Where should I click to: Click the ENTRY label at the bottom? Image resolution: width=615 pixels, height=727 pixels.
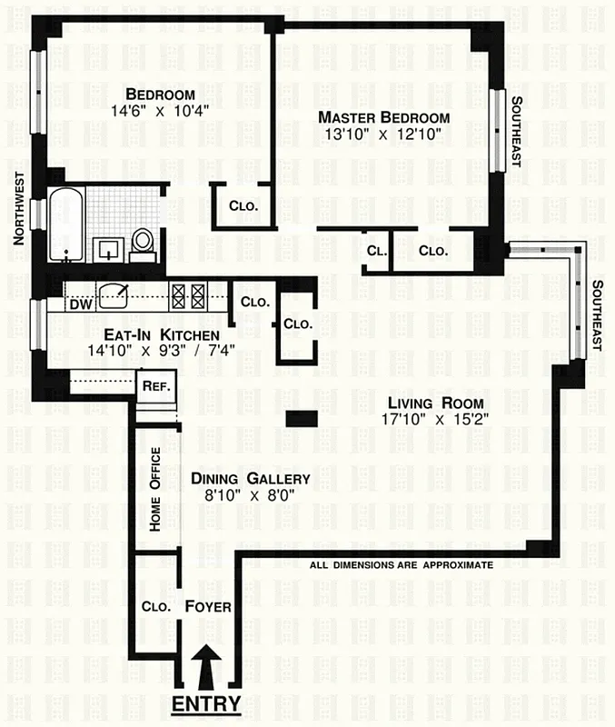206,704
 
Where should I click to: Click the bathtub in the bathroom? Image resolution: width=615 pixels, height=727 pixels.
65,224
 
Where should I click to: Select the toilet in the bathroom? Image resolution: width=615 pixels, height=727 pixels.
142,243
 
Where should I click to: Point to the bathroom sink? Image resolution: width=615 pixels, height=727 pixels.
108,246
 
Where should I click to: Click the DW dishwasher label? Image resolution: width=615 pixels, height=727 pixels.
81,304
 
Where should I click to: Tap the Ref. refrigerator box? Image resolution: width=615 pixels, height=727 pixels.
152,385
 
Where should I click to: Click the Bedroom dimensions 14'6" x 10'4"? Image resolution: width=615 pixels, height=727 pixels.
160,112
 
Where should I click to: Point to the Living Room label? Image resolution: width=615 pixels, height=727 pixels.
435,403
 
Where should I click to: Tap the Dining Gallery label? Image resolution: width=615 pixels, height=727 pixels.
250,479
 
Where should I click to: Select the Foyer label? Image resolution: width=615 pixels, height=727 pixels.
208,606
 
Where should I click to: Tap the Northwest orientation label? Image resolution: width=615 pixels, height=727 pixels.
17,208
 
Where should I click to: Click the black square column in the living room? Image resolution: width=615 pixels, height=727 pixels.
302,418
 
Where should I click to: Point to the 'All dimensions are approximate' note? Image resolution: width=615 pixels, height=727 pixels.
401,564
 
